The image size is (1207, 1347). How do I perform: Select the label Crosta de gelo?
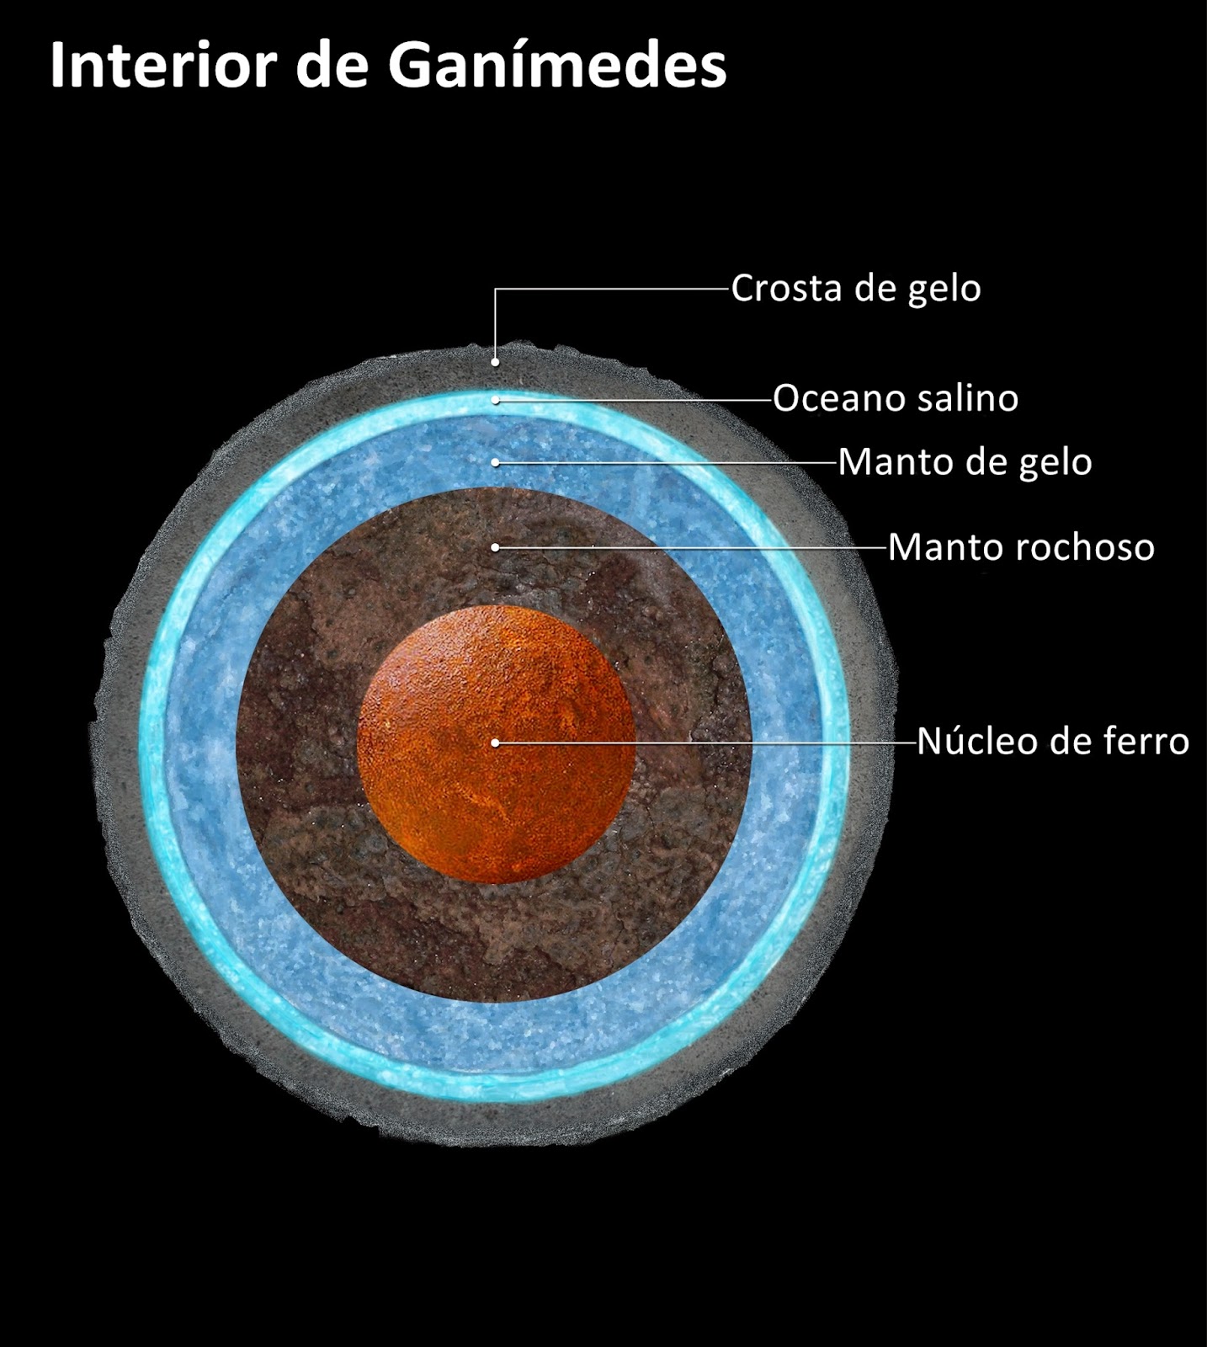coord(856,289)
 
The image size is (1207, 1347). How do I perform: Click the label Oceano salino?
coord(896,398)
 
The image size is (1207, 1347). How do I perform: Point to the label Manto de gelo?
coord(965,462)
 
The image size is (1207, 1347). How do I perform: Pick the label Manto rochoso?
coord(1021,547)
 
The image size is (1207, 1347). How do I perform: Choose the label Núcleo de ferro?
coord(1053,741)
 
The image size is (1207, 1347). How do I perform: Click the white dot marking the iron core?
coord(496,743)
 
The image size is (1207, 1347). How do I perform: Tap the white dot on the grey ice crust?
coord(496,362)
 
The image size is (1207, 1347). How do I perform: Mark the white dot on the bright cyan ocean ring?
coord(496,399)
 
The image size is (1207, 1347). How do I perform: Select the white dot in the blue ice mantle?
coord(496,462)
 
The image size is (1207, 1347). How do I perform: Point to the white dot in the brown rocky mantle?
coord(496,547)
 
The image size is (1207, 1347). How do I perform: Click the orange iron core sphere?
coord(496,744)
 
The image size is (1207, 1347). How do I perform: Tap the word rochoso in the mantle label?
coord(1086,547)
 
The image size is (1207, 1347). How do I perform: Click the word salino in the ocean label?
coord(968,398)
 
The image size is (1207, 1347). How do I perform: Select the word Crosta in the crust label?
coord(788,289)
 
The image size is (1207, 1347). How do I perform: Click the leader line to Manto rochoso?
coord(692,547)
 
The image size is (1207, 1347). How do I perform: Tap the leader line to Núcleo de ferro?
coord(706,743)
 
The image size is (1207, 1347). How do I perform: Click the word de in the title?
coord(332,64)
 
